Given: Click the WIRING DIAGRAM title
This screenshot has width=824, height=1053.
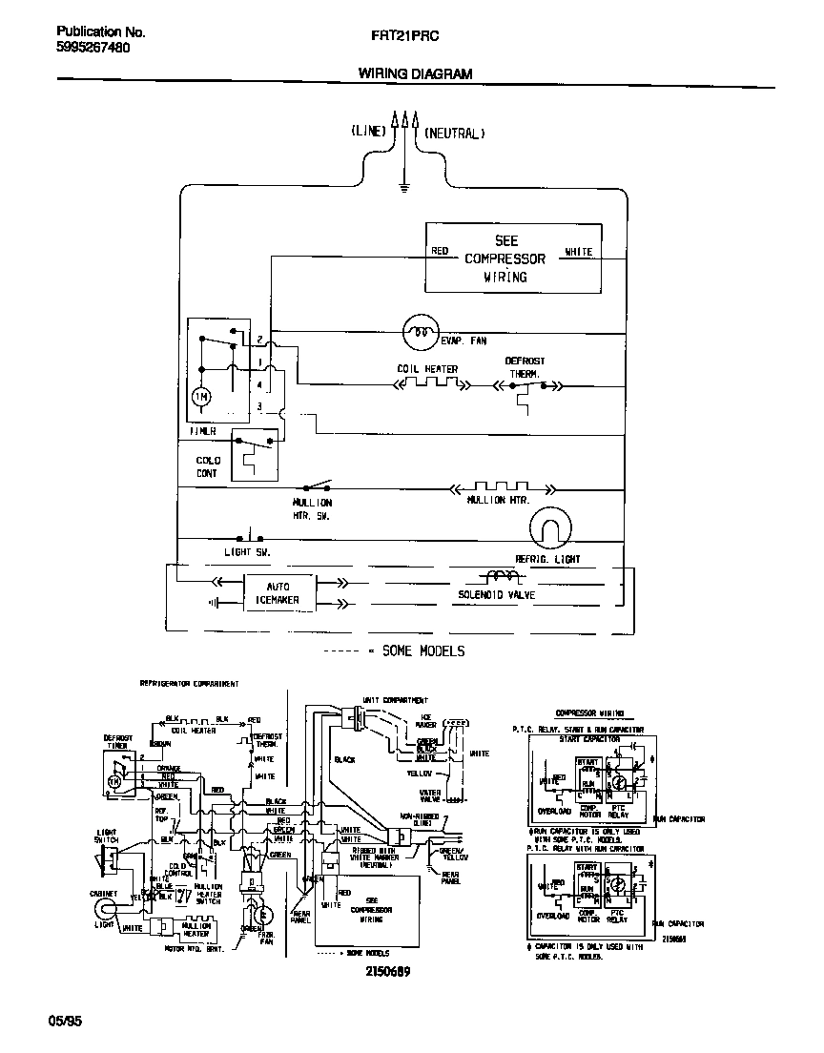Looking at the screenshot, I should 414,73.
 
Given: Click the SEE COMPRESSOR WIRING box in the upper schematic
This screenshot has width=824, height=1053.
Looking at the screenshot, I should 512,258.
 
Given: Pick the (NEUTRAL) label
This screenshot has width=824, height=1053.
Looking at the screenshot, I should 454,133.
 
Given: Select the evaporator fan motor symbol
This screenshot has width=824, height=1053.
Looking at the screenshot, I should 419,332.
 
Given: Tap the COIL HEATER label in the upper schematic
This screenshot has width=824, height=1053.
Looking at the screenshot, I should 427,369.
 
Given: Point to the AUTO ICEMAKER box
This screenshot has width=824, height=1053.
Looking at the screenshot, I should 271,592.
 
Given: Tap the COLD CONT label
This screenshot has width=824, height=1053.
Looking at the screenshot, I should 207,466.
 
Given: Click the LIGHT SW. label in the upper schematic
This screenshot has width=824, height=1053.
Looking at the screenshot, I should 247,551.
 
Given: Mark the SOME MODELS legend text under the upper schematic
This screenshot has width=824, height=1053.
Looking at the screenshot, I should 422,651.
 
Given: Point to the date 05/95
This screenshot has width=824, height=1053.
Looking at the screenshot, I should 65,1021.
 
